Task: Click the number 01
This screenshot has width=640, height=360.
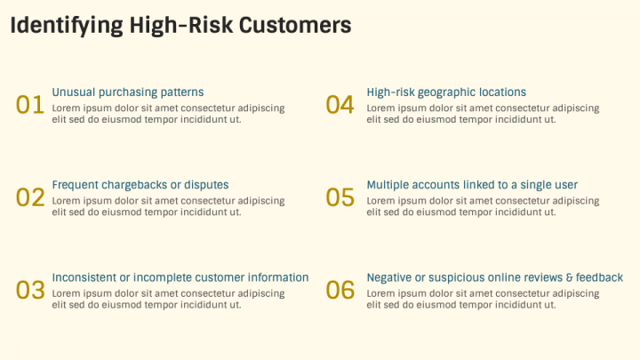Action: click(x=30, y=105)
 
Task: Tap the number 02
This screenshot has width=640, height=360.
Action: click(x=30, y=197)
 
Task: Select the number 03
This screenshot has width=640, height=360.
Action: click(x=30, y=290)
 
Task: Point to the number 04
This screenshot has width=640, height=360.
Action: click(x=340, y=105)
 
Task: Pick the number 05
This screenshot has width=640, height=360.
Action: click(x=340, y=197)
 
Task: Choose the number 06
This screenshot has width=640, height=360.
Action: click(x=340, y=290)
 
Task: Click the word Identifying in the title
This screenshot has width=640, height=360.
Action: click(x=67, y=26)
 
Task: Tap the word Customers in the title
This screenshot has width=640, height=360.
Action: click(x=295, y=25)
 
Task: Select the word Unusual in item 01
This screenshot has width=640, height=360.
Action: click(x=74, y=92)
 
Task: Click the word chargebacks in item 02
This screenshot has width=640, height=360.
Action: click(x=134, y=185)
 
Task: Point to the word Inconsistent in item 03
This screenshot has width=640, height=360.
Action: click(x=84, y=277)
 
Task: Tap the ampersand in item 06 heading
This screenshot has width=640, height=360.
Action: click(x=570, y=278)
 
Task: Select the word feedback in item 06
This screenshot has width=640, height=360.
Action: click(x=600, y=277)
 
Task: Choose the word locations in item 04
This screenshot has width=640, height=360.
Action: click(x=502, y=92)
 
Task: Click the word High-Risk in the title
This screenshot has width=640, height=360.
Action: click(x=181, y=25)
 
